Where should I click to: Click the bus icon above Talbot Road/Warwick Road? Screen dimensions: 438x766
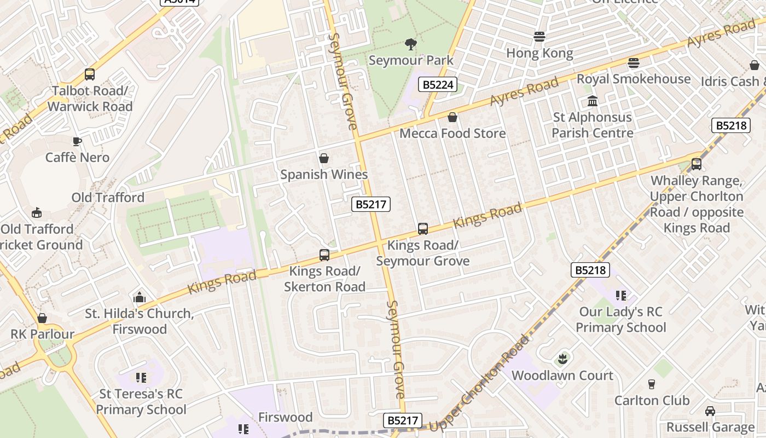click(90, 74)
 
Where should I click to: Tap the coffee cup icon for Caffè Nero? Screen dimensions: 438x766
click(77, 141)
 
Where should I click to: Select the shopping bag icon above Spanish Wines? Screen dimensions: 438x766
click(324, 159)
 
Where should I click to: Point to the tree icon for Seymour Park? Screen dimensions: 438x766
click(410, 44)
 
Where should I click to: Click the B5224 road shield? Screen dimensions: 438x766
click(438, 85)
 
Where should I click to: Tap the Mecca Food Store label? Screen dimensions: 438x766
click(452, 134)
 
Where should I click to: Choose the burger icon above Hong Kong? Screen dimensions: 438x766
click(539, 37)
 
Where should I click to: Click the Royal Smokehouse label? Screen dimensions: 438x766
click(634, 79)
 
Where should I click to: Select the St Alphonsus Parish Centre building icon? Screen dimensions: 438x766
click(592, 101)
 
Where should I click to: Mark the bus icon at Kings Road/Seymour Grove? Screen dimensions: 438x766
click(422, 229)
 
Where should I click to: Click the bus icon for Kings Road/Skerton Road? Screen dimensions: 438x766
click(324, 255)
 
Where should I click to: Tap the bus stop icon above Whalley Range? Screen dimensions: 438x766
click(697, 164)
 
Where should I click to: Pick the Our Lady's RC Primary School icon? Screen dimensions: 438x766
click(620, 296)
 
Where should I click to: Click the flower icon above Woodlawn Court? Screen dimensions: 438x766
click(562, 359)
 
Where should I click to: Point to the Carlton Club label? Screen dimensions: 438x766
click(652, 400)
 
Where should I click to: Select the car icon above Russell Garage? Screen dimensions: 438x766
click(710, 411)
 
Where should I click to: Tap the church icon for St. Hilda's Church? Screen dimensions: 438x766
click(140, 298)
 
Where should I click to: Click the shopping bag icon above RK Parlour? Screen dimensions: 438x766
click(42, 319)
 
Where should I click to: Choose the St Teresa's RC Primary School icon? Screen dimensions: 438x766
click(141, 378)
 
